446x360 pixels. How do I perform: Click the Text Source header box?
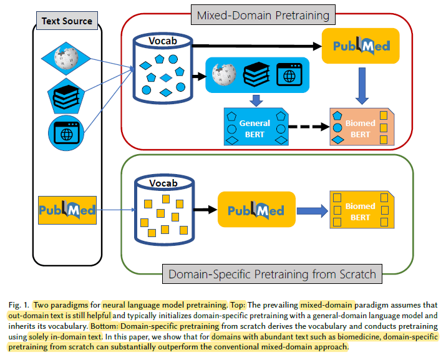pyautogui.click(x=67, y=21)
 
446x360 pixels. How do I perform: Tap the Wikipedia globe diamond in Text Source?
pyautogui.click(x=67, y=59)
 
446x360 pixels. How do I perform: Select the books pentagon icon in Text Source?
pyautogui.click(x=67, y=95)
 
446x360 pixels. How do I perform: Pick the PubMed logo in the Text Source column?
pyautogui.click(x=67, y=210)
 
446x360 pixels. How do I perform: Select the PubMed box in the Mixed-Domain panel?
pyautogui.click(x=359, y=46)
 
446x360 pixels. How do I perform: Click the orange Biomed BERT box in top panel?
pyautogui.click(x=362, y=129)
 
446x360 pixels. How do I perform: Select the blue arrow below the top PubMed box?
pyautogui.click(x=361, y=84)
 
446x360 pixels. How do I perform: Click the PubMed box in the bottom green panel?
pyautogui.click(x=256, y=210)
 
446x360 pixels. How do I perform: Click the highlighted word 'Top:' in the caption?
pyautogui.click(x=238, y=304)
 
